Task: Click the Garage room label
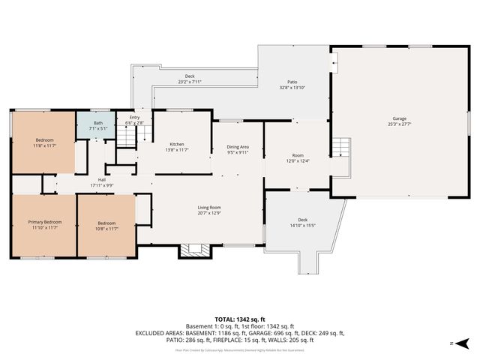pos(400,119)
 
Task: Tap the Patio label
pos(292,82)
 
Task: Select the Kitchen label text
pos(177,144)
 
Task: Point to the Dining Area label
pos(238,147)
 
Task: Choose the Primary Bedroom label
pos(45,222)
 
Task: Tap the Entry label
pos(134,118)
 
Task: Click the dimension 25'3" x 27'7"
pos(400,124)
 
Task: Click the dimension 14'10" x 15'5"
pos(302,225)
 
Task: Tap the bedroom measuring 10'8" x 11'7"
pos(106,225)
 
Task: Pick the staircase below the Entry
pos(127,138)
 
